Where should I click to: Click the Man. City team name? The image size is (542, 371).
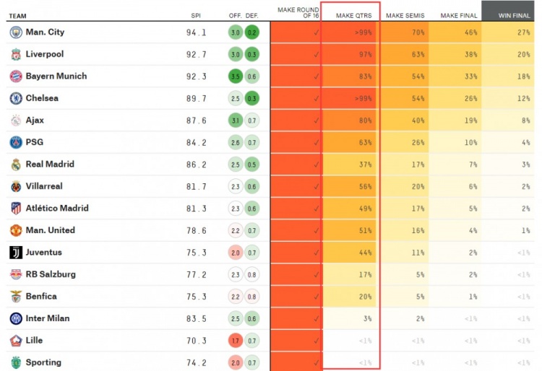(45, 32)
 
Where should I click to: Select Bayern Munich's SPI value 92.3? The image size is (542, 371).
(196, 77)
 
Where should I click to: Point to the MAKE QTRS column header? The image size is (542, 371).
(350, 15)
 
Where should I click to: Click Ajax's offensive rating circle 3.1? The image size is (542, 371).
(235, 121)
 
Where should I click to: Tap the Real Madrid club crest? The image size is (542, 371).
(16, 165)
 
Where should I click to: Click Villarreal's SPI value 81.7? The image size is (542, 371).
(196, 187)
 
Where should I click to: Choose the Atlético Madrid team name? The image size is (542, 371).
(57, 209)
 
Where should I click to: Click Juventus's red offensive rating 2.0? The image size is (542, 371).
(235, 253)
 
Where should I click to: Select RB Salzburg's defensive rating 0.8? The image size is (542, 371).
(251, 275)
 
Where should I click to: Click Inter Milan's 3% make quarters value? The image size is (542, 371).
(366, 319)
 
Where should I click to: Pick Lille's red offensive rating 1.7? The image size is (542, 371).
(235, 341)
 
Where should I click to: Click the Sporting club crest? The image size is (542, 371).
(16, 362)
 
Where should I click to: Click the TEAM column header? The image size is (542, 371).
(18, 15)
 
